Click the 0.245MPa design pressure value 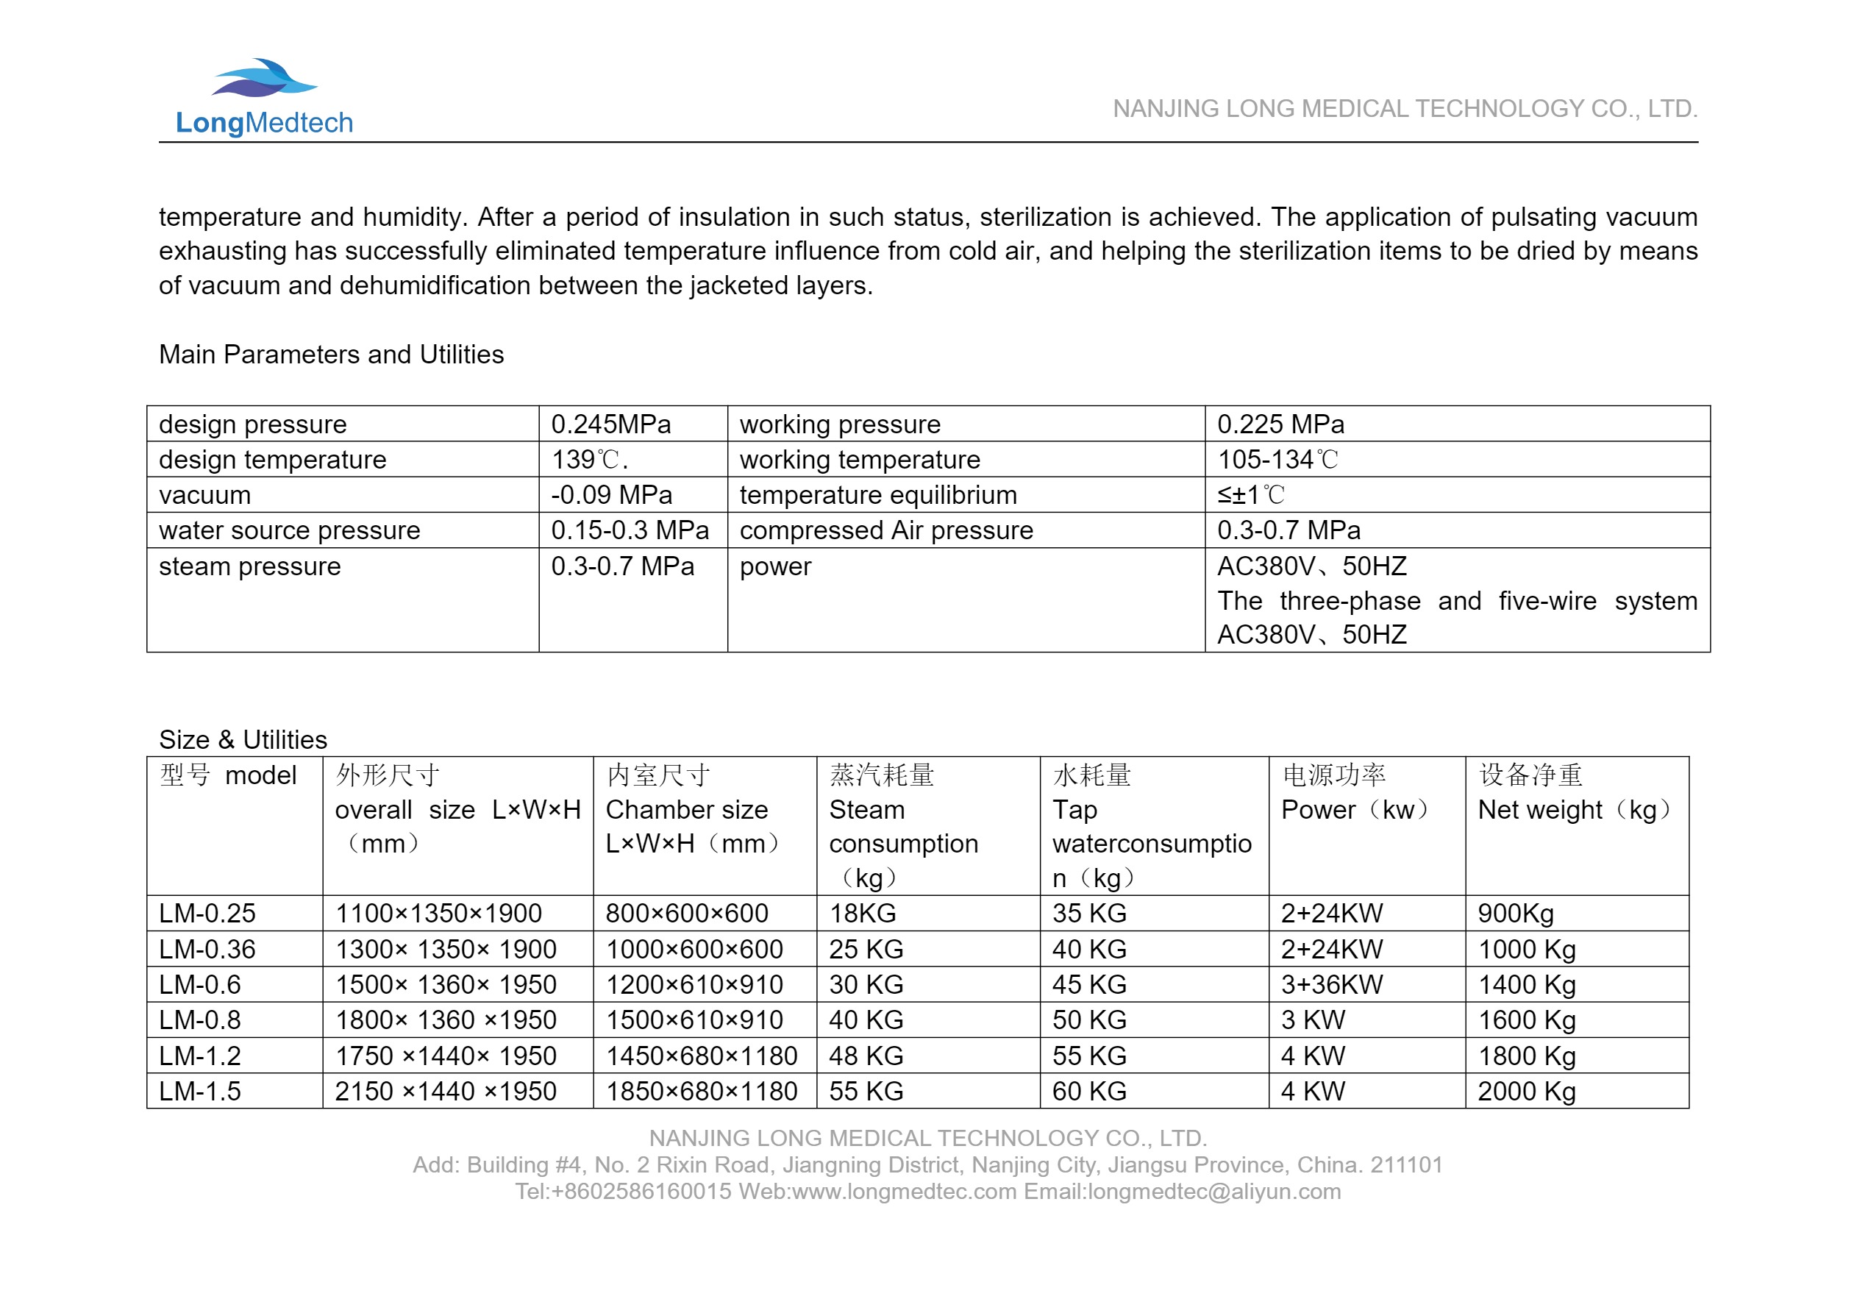[610, 424]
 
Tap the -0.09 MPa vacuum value [610, 494]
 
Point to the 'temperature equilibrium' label [877, 494]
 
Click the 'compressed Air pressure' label [885, 530]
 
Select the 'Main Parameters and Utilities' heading [331, 355]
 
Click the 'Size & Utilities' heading [243, 739]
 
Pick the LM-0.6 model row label [200, 984]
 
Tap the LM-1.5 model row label [200, 1092]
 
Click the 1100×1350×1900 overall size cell [438, 914]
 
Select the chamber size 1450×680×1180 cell [701, 1056]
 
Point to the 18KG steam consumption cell [862, 914]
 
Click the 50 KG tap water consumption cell [1088, 1020]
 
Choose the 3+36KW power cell [1331, 984]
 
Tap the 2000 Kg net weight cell [1526, 1092]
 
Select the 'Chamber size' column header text [687, 810]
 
